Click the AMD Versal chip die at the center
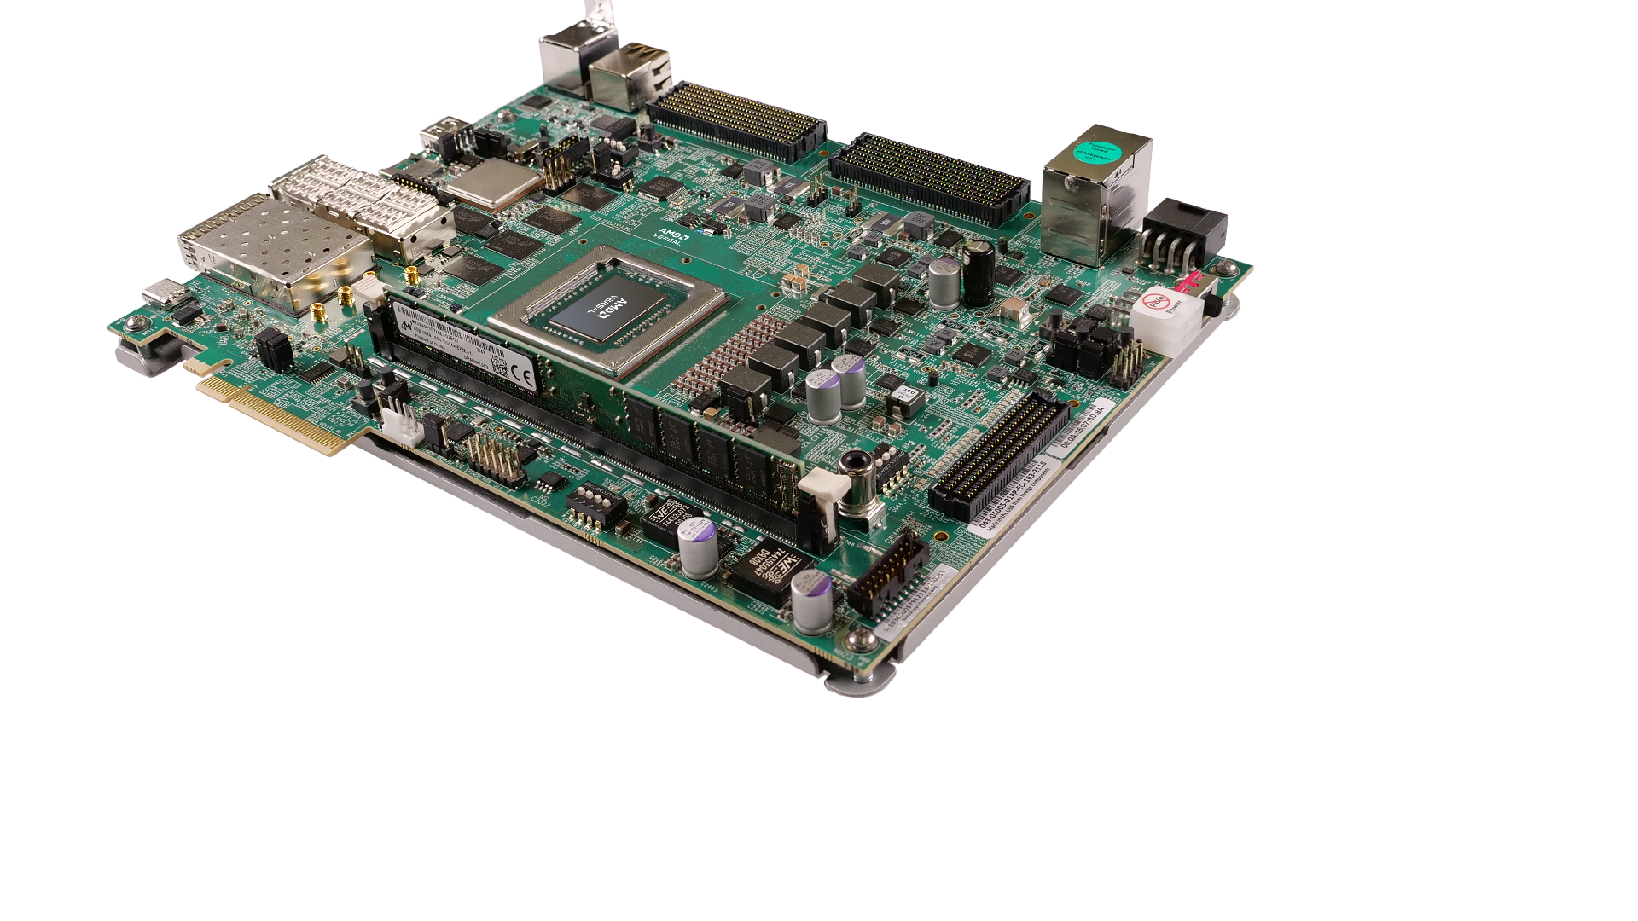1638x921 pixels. (x=597, y=314)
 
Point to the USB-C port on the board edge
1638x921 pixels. (x=162, y=293)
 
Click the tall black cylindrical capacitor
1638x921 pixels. (x=978, y=275)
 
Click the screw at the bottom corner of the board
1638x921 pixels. (x=864, y=640)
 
